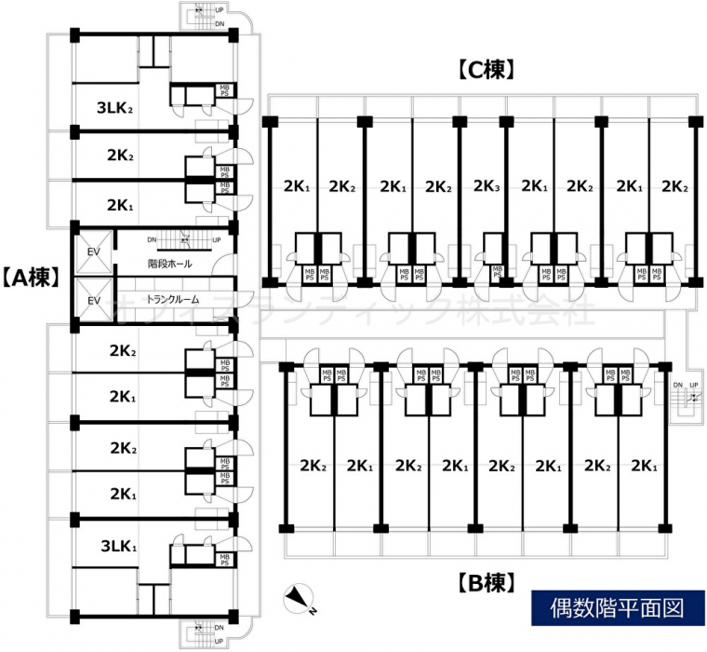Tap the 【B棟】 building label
click(486, 584)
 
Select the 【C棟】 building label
click(486, 68)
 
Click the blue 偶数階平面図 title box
click(611, 608)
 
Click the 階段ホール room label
click(169, 265)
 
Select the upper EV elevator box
click(93, 251)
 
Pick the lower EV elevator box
click(93, 300)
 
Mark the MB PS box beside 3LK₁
click(224, 558)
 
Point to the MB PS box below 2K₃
click(497, 273)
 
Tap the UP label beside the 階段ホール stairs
click(216, 240)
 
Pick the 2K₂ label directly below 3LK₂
click(120, 156)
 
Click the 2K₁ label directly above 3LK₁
click(121, 494)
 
